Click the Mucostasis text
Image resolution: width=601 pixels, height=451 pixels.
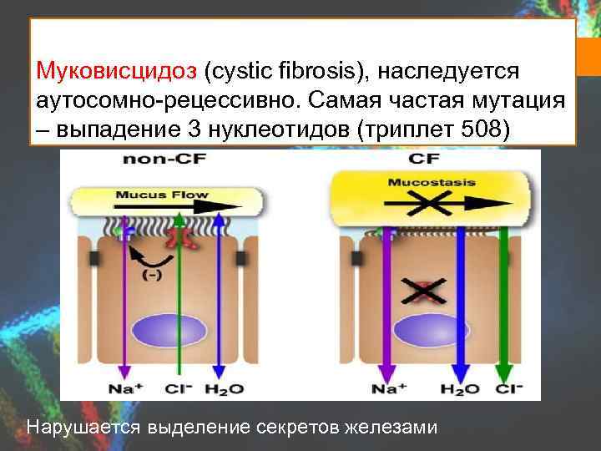click(430, 181)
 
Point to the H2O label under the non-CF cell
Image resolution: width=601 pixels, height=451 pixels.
click(225, 388)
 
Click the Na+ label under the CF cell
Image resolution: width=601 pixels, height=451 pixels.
click(387, 388)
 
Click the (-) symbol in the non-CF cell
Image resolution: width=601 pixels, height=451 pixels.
click(153, 276)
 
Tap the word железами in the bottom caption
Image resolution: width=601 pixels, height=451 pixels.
click(396, 428)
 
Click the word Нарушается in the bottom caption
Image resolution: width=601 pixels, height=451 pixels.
click(85, 428)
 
